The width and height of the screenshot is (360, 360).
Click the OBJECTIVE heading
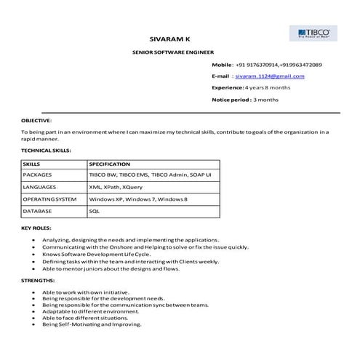tap(36, 120)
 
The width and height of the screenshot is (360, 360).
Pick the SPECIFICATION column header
tap(109, 164)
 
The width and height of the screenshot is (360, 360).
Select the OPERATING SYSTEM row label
tap(49, 199)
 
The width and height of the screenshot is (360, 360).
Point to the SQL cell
tap(94, 210)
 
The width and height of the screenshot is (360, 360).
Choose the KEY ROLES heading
tap(37, 228)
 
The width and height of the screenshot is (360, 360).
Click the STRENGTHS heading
tap(38, 280)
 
